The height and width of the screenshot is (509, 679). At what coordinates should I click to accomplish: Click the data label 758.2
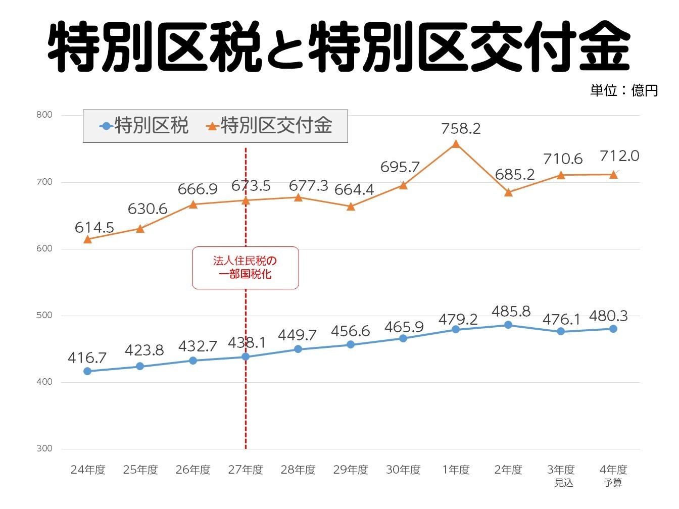pyautogui.click(x=460, y=129)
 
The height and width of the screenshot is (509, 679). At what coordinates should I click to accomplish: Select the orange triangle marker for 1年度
pyautogui.click(x=456, y=144)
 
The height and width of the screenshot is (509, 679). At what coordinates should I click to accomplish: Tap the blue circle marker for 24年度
pyautogui.click(x=87, y=371)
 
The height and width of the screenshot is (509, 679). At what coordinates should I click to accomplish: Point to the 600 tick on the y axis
pyautogui.click(x=44, y=248)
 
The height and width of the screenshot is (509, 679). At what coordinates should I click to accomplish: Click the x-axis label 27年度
pyautogui.click(x=246, y=470)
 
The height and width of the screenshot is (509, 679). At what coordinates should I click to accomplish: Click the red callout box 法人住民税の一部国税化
pyautogui.click(x=245, y=268)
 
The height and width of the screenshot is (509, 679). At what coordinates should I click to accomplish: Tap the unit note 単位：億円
pyautogui.click(x=624, y=90)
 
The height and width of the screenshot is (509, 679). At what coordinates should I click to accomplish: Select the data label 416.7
pyautogui.click(x=87, y=358)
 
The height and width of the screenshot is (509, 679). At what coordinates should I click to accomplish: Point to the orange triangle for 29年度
pyautogui.click(x=351, y=207)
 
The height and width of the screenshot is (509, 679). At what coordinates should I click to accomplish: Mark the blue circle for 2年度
pyautogui.click(x=508, y=325)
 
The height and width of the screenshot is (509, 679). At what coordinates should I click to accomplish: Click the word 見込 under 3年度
pyautogui.click(x=563, y=483)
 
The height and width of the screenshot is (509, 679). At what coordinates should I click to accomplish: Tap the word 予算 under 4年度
pyautogui.click(x=613, y=483)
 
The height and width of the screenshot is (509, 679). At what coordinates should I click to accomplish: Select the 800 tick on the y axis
pyautogui.click(x=44, y=115)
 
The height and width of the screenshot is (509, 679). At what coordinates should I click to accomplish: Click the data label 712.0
pyautogui.click(x=619, y=156)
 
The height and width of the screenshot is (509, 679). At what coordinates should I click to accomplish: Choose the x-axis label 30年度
pyautogui.click(x=403, y=470)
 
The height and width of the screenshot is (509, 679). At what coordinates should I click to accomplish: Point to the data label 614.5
pyautogui.click(x=94, y=228)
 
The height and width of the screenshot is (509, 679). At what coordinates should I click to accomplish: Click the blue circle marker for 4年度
pyautogui.click(x=613, y=329)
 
